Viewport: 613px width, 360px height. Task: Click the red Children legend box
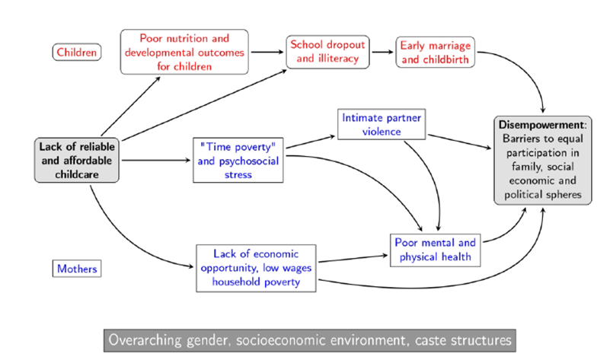click(76, 53)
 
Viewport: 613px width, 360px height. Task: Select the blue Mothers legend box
click(78, 269)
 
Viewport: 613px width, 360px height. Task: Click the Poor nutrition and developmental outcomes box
click(185, 52)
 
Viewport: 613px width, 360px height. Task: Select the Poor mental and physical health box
click(435, 250)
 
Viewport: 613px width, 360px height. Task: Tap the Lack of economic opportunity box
click(257, 268)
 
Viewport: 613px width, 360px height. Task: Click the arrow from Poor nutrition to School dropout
click(267, 52)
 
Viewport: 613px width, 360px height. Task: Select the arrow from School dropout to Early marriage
click(382, 52)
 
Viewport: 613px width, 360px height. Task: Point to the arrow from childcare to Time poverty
click(156, 160)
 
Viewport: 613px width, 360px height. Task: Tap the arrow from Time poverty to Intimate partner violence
click(312, 143)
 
